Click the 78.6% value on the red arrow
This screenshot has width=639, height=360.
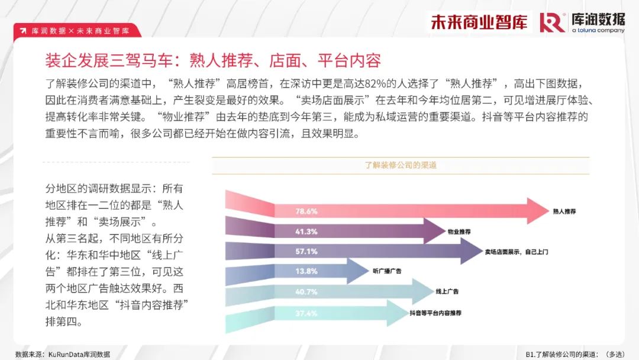tap(306, 211)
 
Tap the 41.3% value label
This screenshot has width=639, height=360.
tap(306, 232)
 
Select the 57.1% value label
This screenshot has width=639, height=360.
tap(306, 252)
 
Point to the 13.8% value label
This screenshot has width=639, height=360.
tap(306, 271)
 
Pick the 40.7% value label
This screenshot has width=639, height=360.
tap(306, 292)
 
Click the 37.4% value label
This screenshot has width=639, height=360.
tap(306, 313)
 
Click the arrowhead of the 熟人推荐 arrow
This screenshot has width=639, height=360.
tap(538, 211)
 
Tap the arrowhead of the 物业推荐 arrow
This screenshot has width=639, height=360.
tap(434, 231)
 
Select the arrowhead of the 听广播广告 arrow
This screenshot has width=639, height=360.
tap(358, 271)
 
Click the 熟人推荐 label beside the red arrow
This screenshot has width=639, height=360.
tap(564, 211)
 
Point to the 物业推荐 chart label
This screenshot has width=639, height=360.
tap(459, 232)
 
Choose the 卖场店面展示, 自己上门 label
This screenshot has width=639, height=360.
tap(517, 252)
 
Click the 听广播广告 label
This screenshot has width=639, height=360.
tap(387, 271)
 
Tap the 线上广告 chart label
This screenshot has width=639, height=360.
tap(447, 291)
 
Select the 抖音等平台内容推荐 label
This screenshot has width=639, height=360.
tap(435, 313)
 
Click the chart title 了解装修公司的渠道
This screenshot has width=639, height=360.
tap(401, 165)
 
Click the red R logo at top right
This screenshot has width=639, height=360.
tap(552, 22)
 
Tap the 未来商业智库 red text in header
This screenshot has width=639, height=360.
tap(479, 22)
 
